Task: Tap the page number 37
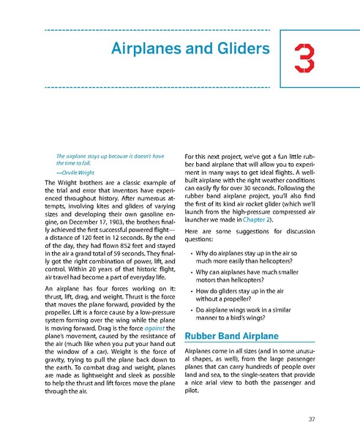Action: (312, 419)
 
